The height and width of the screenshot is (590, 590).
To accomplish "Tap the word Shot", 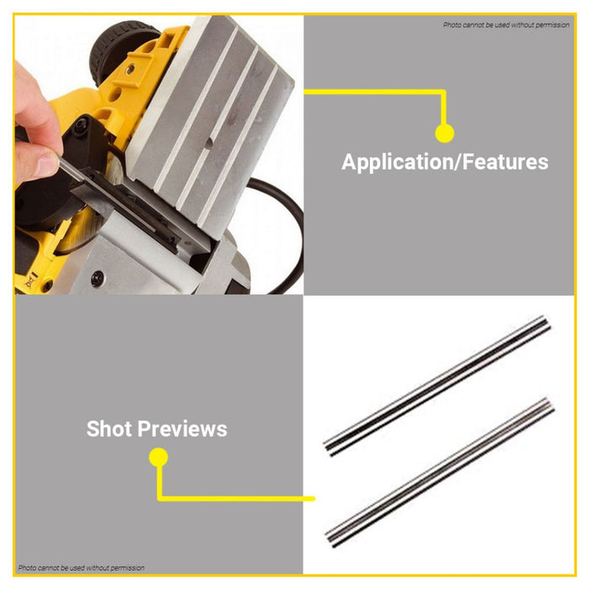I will pyautogui.click(x=110, y=429).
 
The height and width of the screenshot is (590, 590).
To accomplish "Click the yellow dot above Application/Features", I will pyautogui.click(x=444, y=133).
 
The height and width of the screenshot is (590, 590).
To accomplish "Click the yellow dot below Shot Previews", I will pyautogui.click(x=158, y=458).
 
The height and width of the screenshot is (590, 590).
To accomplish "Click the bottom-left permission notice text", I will pyautogui.click(x=81, y=568).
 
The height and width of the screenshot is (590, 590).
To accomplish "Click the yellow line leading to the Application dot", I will pyautogui.click(x=371, y=92).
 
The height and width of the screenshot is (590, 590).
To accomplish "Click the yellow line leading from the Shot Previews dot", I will pyautogui.click(x=236, y=498).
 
